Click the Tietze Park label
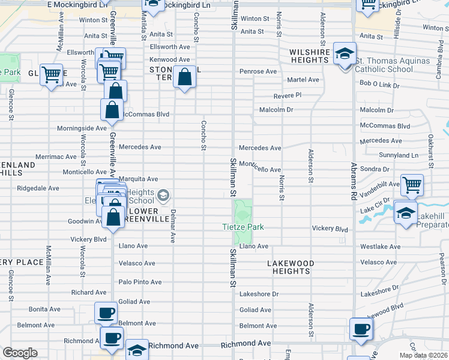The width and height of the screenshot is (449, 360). pyautogui.click(x=243, y=227)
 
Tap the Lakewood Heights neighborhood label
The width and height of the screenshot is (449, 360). pyautogui.click(x=291, y=267)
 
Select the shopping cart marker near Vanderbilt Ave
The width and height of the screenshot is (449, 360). pyautogui.click(x=412, y=185)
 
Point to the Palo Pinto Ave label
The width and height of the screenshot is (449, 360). pyautogui.click(x=140, y=282)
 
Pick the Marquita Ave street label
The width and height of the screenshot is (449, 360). pyautogui.click(x=138, y=179)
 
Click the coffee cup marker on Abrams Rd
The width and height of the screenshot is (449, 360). pyautogui.click(x=361, y=329)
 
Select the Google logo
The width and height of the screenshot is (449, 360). pyautogui.click(x=20, y=352)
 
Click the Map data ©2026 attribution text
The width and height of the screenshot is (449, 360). pyautogui.click(x=424, y=355)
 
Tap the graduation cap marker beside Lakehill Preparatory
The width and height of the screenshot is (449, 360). pyautogui.click(x=406, y=214)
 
